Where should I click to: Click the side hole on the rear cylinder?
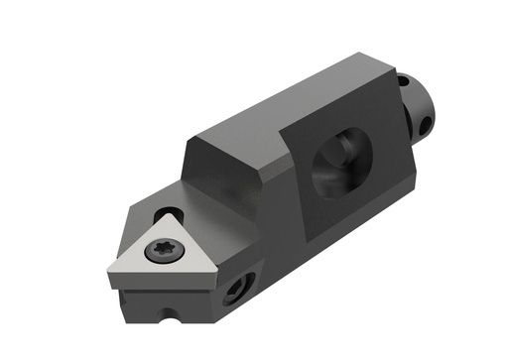pyautogui.click(x=427, y=126)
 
